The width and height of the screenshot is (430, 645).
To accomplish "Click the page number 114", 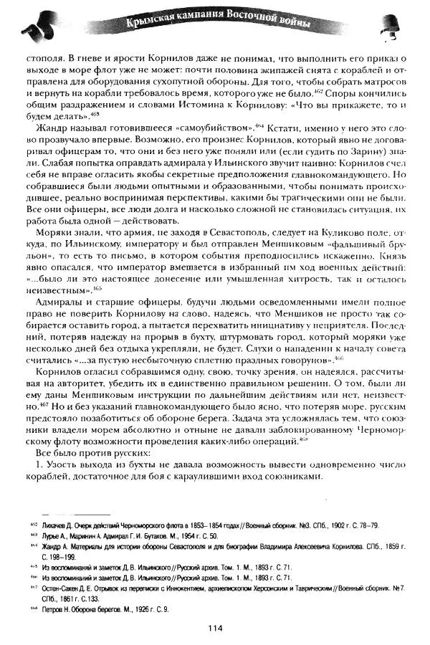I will [x=215, y=629].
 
